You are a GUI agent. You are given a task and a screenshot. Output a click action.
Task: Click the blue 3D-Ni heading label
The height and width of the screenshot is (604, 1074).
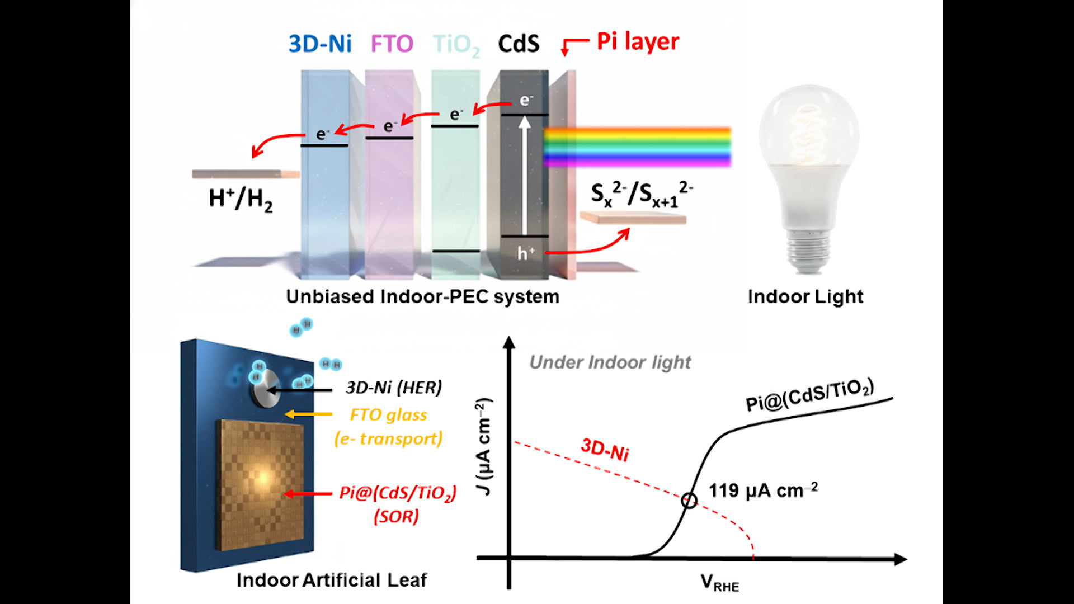point(320,44)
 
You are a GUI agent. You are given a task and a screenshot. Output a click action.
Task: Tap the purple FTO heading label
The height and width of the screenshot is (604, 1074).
point(392,44)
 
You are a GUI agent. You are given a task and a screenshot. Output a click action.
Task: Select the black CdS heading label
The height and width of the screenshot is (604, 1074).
point(519,44)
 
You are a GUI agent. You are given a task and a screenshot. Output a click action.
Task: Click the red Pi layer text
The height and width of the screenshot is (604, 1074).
point(638,41)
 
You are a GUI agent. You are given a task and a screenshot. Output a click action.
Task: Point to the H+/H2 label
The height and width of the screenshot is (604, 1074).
point(241,199)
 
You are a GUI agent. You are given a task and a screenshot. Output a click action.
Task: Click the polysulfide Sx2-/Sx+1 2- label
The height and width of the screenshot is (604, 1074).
point(642,194)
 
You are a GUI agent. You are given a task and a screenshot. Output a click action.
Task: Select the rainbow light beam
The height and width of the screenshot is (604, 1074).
point(638,147)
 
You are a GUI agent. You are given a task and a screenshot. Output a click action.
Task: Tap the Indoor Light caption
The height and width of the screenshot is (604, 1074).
point(805,296)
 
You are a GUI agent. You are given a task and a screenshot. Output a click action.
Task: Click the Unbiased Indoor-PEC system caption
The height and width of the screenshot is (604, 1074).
point(422,296)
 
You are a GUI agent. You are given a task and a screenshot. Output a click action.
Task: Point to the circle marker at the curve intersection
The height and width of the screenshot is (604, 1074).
point(689,500)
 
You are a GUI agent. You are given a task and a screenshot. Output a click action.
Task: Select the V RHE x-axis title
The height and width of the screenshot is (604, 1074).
point(719,583)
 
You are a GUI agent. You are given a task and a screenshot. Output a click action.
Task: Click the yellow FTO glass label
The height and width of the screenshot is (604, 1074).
point(388,415)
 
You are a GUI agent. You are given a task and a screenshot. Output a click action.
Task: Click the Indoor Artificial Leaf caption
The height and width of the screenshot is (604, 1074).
point(332,580)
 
